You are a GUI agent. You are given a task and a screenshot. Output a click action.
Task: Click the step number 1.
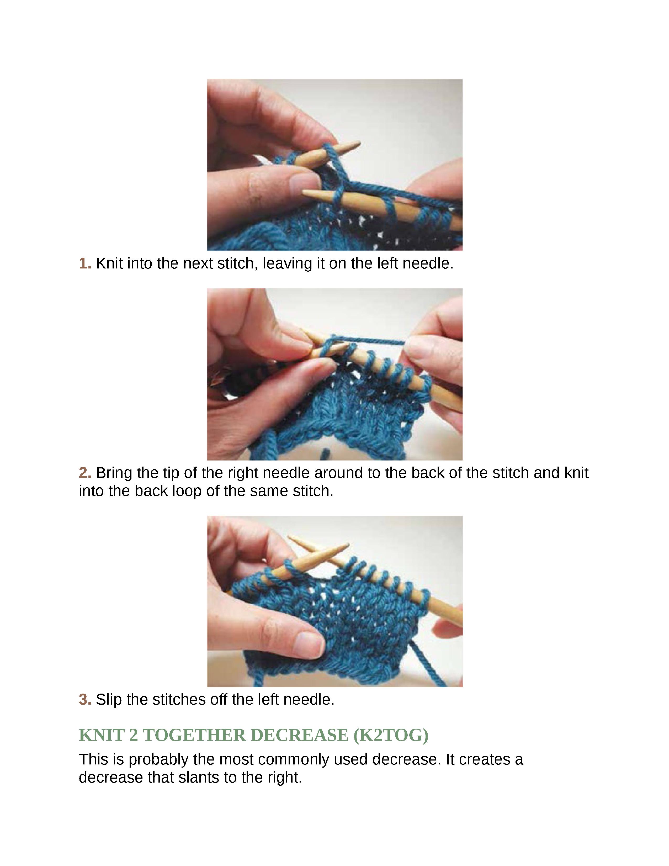[85, 264]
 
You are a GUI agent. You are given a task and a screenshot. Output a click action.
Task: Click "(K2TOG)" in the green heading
[390, 735]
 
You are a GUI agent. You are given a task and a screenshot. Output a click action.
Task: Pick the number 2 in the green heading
[133, 735]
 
